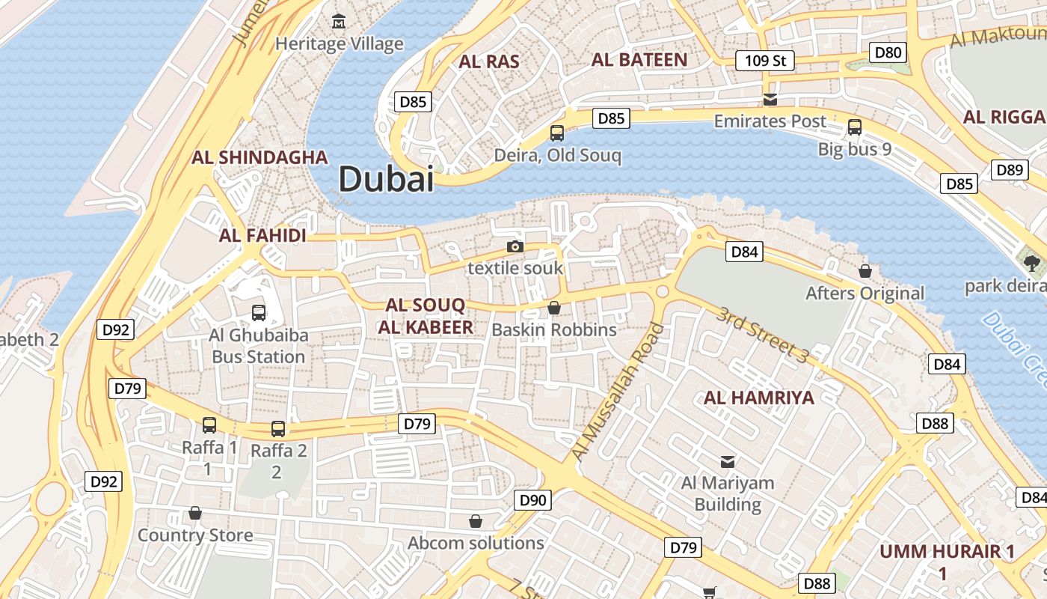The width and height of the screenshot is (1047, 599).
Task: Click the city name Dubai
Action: (x=386, y=180)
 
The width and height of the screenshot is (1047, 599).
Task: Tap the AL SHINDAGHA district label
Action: (x=260, y=157)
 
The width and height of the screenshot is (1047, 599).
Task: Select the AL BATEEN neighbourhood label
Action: (x=639, y=60)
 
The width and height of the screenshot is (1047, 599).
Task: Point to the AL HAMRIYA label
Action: (x=758, y=398)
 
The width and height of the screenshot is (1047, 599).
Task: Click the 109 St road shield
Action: (x=764, y=61)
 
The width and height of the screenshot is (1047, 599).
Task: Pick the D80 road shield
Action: (x=888, y=52)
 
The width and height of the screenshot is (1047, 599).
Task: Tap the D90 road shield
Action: (x=532, y=500)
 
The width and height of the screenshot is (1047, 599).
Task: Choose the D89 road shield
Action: (x=1010, y=170)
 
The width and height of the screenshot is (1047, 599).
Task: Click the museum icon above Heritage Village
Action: (x=340, y=21)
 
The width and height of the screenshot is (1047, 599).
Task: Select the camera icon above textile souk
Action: (x=515, y=246)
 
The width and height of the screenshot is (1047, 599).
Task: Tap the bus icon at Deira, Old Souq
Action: (x=557, y=133)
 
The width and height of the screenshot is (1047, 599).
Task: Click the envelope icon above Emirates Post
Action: (x=770, y=99)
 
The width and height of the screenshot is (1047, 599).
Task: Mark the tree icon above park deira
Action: (x=1032, y=263)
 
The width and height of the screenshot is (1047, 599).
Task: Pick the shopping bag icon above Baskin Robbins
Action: (x=554, y=307)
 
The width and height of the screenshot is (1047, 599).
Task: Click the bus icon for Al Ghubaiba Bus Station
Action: (x=259, y=312)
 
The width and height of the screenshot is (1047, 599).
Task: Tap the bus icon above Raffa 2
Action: (x=278, y=428)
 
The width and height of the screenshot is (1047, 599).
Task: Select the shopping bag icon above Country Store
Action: (x=195, y=513)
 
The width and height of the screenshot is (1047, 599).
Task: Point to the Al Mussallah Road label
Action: (x=617, y=391)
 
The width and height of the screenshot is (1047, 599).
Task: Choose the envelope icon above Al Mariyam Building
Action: (x=727, y=461)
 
